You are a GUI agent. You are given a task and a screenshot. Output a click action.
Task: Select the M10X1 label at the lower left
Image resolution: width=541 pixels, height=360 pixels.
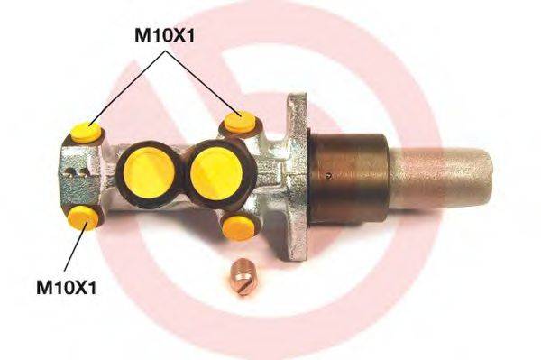click(x=66, y=289)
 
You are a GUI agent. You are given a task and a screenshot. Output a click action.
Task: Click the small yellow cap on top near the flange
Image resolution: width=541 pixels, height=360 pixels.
click(x=238, y=122)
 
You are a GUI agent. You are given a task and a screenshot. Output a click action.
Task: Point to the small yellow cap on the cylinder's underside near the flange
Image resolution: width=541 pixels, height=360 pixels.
click(x=238, y=226)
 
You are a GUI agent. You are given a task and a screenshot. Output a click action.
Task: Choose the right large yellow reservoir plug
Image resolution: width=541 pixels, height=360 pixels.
click(x=214, y=169)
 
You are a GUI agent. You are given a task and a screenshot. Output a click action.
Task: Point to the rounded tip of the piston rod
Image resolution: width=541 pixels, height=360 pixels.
click(x=488, y=172)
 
